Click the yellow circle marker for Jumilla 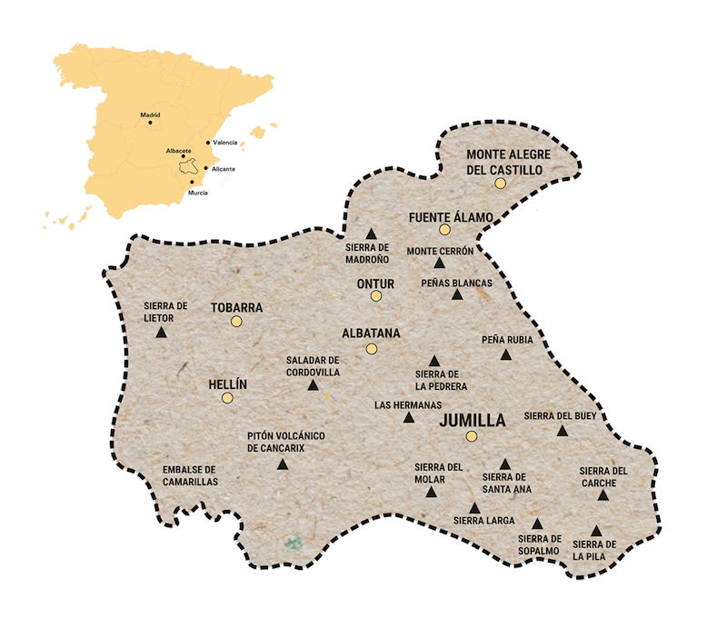(x=472, y=436)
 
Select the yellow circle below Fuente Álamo (x=444, y=230)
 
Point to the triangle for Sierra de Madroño (x=371, y=234)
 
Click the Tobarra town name (x=236, y=307)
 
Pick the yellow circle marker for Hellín (x=227, y=397)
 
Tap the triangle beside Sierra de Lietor (x=161, y=333)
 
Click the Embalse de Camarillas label (x=190, y=475)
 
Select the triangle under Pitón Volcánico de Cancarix (x=282, y=465)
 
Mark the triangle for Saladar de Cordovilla (x=313, y=385)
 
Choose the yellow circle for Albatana (x=371, y=349)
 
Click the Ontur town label (x=375, y=284)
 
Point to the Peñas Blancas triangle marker (x=457, y=294)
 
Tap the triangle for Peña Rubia (x=506, y=354)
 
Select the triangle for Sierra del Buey (x=563, y=430)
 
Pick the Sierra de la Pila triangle (x=596, y=531)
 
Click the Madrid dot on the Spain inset (x=148, y=124)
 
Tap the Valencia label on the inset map (x=224, y=143)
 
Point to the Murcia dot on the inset (x=193, y=182)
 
